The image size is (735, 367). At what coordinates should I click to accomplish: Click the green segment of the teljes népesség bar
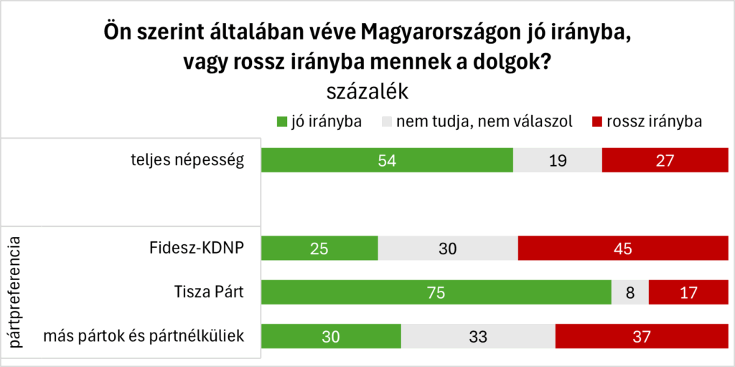pos(387,160)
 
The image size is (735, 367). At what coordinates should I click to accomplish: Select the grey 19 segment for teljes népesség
pos(557,160)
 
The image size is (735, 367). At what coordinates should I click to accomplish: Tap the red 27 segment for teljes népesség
pos(665,160)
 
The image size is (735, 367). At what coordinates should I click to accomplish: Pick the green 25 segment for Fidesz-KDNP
pos(319,248)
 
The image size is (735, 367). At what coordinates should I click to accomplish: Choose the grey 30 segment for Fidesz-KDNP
pos(447,248)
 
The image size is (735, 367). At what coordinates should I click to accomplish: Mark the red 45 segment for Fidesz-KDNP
pos(622,248)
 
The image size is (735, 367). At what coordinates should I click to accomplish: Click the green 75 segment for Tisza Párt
pos(436,293)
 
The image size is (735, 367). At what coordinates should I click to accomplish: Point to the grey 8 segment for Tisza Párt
pos(629,293)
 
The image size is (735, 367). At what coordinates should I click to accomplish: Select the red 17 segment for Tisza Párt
pos(688,293)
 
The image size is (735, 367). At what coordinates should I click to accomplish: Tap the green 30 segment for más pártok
pos(331,337)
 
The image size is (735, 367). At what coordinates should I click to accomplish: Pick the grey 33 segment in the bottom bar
pos(478,337)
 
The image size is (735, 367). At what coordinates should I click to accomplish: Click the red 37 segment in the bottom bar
pos(641,337)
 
